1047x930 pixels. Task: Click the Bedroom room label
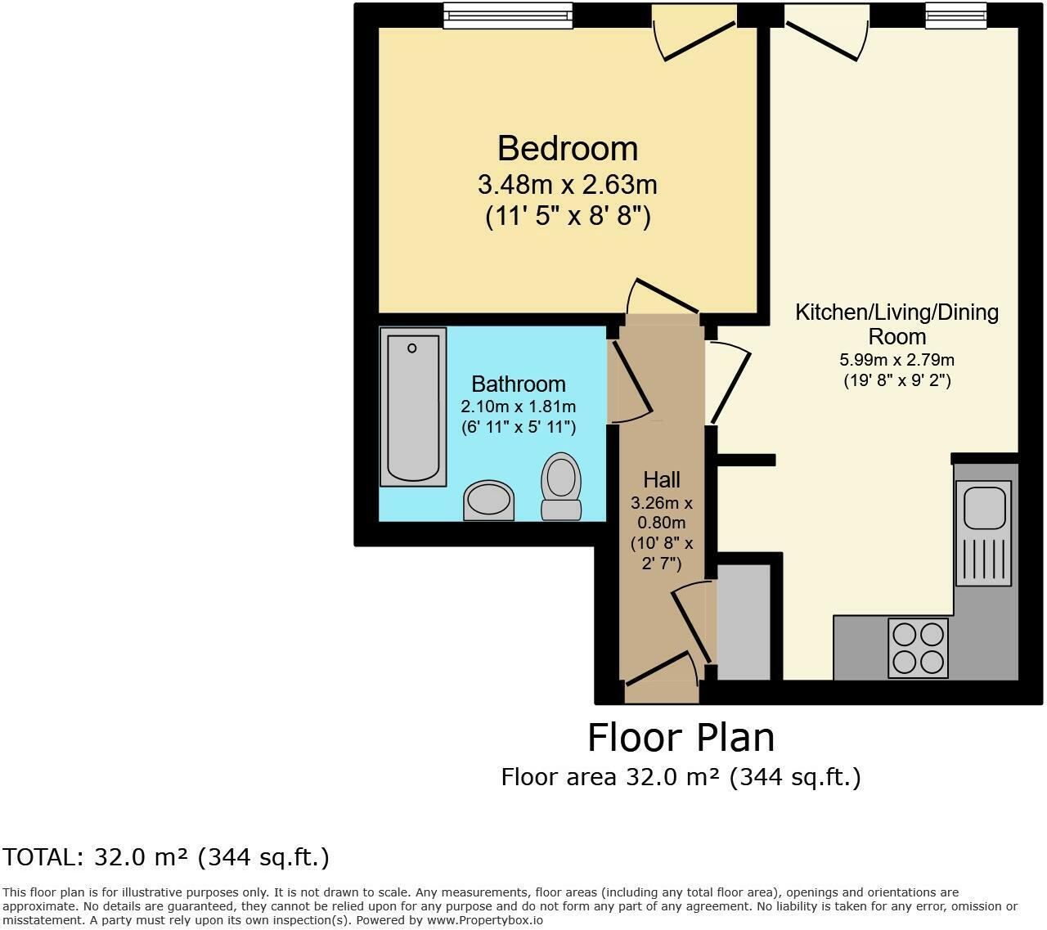tap(567, 149)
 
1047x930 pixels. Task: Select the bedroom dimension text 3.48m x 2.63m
tap(567, 185)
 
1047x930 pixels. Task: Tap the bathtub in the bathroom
tap(413, 407)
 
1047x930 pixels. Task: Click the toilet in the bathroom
tap(560, 486)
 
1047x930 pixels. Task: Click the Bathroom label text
tap(519, 384)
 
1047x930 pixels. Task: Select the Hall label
tap(661, 479)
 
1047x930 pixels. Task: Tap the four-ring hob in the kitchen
tap(918, 648)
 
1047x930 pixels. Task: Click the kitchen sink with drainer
tap(983, 532)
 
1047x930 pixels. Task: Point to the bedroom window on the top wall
tap(507, 15)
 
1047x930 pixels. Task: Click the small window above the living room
tap(955, 15)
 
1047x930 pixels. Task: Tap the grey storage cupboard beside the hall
tap(744, 622)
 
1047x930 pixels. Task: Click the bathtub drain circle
tap(412, 348)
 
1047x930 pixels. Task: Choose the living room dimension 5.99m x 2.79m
tap(896, 360)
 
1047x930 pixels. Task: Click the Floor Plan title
tap(681, 737)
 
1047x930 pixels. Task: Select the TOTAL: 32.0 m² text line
tap(165, 857)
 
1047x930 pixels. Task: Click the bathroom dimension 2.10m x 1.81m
tap(519, 407)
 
